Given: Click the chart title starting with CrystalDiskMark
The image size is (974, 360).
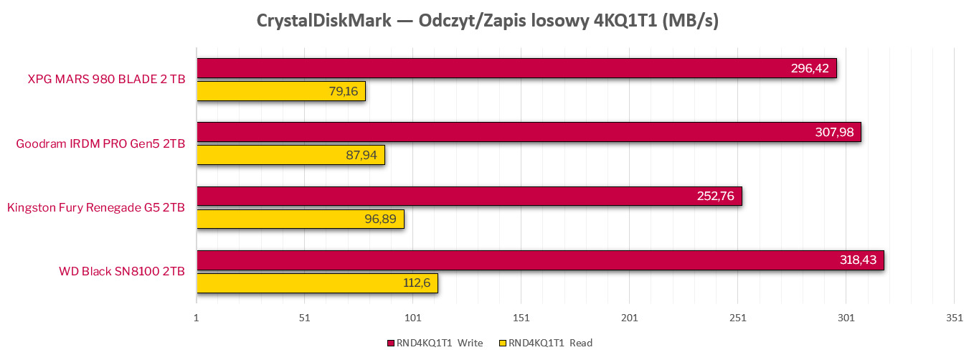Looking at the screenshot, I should [487, 21].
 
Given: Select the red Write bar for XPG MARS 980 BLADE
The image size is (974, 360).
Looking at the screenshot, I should [516, 68].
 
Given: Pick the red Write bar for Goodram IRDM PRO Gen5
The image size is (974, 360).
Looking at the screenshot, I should [529, 132].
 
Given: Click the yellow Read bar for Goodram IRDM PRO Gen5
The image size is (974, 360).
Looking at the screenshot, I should [290, 155].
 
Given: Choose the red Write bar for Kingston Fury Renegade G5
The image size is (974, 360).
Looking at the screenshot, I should [469, 196].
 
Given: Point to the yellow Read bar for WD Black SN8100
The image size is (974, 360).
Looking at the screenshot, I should [317, 283].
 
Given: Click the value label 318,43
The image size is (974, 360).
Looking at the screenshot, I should [857, 260].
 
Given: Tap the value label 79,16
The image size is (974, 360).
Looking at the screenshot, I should [344, 91].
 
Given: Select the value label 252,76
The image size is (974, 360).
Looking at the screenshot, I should [715, 196].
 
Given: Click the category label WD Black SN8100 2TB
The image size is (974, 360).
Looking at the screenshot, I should [122, 272].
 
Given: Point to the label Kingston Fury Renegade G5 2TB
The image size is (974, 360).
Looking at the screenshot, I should [96, 208].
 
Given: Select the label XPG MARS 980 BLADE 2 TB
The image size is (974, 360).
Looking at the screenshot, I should [106, 80].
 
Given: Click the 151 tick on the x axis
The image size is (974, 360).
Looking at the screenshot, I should [521, 318].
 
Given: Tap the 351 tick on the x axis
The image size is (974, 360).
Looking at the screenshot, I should [954, 318].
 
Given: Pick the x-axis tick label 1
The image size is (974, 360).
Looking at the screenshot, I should [197, 318].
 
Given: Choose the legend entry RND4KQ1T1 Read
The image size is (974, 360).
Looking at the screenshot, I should [550, 343].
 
